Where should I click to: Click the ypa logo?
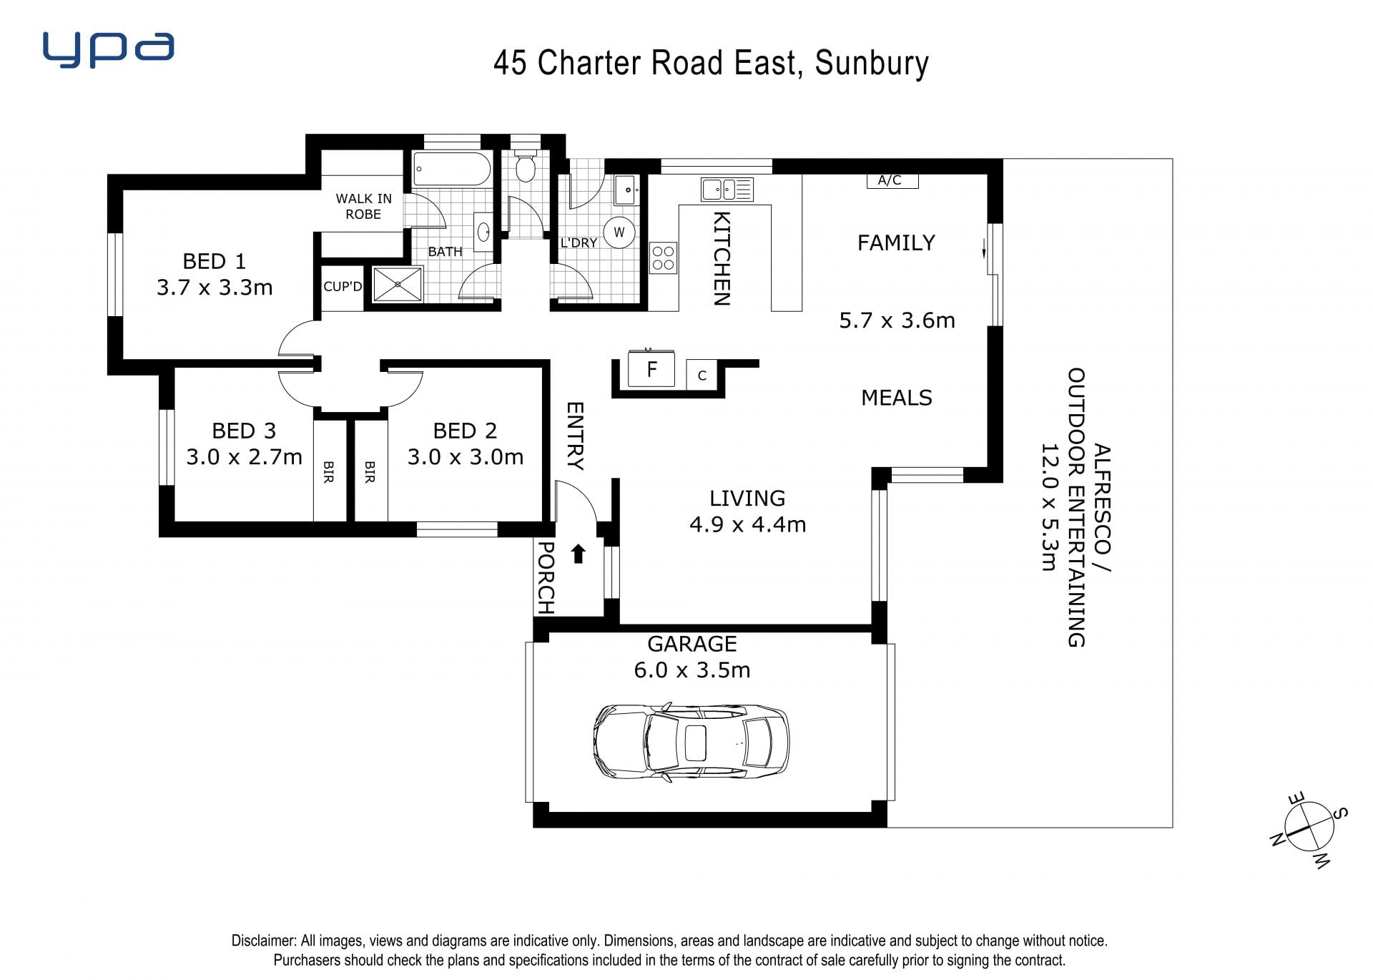pyautogui.click(x=108, y=49)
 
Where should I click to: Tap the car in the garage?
pyautogui.click(x=692, y=742)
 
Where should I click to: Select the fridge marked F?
pyautogui.click(x=651, y=368)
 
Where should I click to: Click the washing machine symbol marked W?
pyautogui.click(x=619, y=232)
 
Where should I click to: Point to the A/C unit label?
pyautogui.click(x=890, y=180)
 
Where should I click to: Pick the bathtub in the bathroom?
pyautogui.click(x=452, y=170)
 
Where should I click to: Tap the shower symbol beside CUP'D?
pyautogui.click(x=398, y=284)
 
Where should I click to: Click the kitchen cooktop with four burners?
pyautogui.click(x=663, y=258)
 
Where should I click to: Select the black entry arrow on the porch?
pyautogui.click(x=579, y=554)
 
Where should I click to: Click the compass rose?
pyautogui.click(x=1309, y=828)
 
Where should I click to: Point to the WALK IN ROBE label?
pyautogui.click(x=363, y=206)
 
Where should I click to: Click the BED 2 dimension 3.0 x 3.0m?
pyautogui.click(x=466, y=456)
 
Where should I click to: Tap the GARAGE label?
pyautogui.click(x=692, y=644)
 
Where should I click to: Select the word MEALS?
pyautogui.click(x=897, y=398)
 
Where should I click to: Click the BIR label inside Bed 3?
pyautogui.click(x=329, y=471)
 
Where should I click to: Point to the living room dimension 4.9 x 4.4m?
pyautogui.click(x=747, y=524)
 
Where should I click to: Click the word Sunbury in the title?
pyautogui.click(x=872, y=63)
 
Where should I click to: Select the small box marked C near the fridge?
pyautogui.click(x=702, y=375)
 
